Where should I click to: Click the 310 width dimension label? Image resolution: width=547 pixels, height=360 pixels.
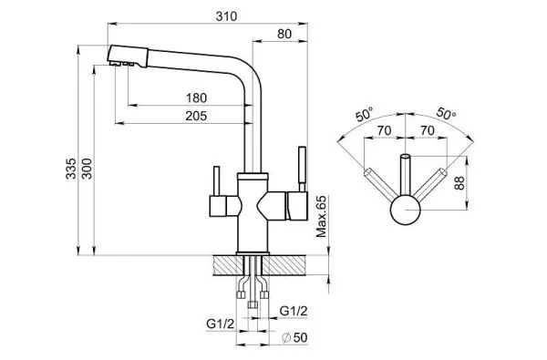(x=226, y=16)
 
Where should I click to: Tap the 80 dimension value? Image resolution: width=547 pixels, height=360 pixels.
(x=284, y=35)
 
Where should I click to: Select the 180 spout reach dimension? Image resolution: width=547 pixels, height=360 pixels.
(x=196, y=98)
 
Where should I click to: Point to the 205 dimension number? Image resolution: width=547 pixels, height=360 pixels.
(x=196, y=116)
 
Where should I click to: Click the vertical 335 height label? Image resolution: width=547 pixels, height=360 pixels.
(x=71, y=169)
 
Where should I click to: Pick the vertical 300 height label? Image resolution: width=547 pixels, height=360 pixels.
(x=87, y=169)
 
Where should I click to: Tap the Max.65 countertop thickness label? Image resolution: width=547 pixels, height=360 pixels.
(x=321, y=217)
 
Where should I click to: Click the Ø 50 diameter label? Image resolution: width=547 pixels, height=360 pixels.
(x=295, y=338)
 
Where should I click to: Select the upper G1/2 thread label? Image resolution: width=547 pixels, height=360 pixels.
(x=294, y=311)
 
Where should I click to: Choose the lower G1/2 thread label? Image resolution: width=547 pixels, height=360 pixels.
(x=220, y=324)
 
